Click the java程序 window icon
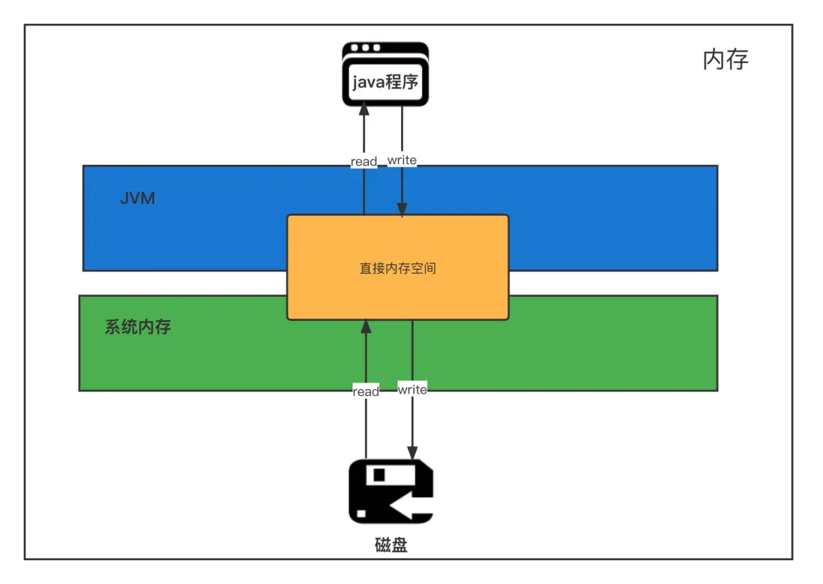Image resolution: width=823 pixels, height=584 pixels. pos(385,74)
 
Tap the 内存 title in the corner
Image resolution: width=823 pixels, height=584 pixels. pos(726,59)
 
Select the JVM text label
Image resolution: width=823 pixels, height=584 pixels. pos(137,199)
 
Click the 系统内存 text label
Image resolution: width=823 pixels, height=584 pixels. pos(138,328)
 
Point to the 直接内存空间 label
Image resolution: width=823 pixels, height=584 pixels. pos(397,268)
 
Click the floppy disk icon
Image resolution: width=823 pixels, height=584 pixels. pos(391,491)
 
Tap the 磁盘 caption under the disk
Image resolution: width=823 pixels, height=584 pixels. pos(391,545)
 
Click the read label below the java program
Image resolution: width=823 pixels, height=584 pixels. pos(364,162)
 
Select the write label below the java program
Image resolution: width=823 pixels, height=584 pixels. pos(402,160)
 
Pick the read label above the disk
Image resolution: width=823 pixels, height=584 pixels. pos(366,391)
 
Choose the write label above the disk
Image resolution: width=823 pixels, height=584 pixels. pos(412,390)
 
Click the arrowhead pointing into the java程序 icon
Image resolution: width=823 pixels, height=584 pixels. pos(364,109)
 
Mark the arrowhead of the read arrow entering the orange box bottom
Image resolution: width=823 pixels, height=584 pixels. pos(366,326)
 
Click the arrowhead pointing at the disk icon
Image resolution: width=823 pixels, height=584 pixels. pos(412,452)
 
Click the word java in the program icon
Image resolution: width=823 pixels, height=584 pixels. pos(368,82)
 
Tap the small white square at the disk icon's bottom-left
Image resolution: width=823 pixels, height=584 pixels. pos(362,514)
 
